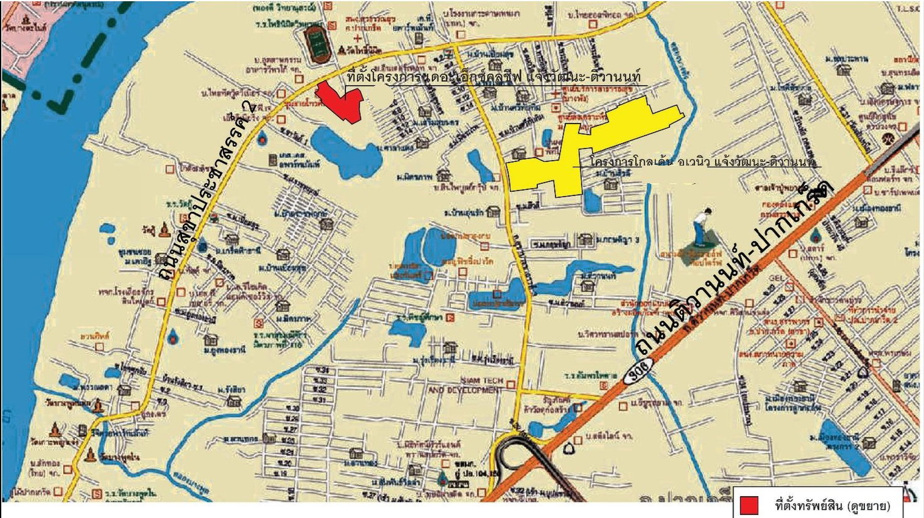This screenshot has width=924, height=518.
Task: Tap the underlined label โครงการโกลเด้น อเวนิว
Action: [x=647, y=162]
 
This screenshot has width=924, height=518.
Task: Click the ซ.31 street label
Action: [x=320, y=399]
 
